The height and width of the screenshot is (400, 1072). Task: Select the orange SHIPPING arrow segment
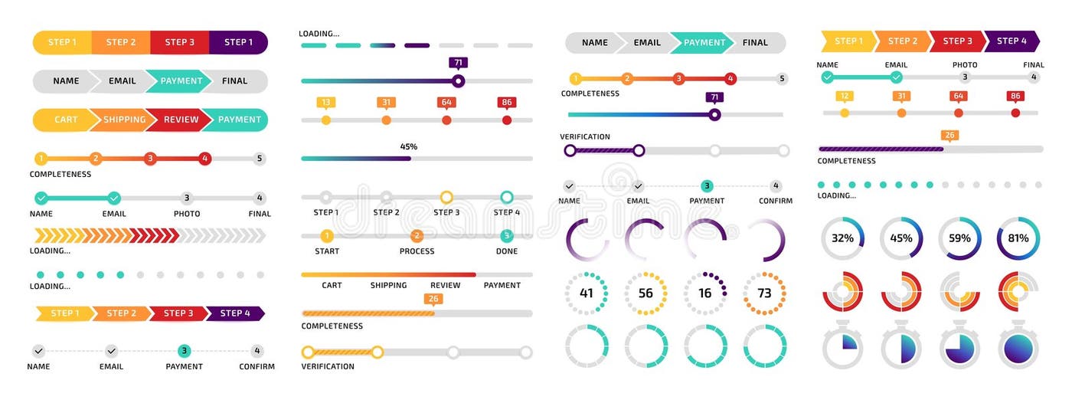pyautogui.click(x=123, y=120)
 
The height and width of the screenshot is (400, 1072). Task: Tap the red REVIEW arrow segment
pyautogui.click(x=181, y=120)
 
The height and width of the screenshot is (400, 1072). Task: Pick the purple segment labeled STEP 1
pyautogui.click(x=238, y=42)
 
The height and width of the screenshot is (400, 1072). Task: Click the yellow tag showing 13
pyautogui.click(x=326, y=103)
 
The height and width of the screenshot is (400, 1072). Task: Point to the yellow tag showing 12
pyautogui.click(x=844, y=96)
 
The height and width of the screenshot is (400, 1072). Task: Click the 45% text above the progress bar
pyautogui.click(x=409, y=146)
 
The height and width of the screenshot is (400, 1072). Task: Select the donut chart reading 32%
pyautogui.click(x=842, y=238)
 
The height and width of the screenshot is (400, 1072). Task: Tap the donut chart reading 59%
pyautogui.click(x=959, y=238)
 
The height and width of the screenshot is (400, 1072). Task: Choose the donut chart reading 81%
pyautogui.click(x=1018, y=238)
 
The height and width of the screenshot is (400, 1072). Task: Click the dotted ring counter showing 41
pyautogui.click(x=587, y=293)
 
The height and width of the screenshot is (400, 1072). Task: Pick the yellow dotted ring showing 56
pyautogui.click(x=645, y=293)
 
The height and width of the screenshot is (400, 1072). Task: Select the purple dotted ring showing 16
pyautogui.click(x=704, y=293)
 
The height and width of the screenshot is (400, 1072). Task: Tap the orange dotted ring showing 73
pyautogui.click(x=764, y=293)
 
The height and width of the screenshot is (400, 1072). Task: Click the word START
pyautogui.click(x=327, y=251)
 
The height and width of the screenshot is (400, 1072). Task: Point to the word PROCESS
pyautogui.click(x=417, y=251)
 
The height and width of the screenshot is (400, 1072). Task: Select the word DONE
pyautogui.click(x=506, y=251)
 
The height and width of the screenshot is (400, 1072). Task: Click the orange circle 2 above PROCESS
pyautogui.click(x=417, y=236)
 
